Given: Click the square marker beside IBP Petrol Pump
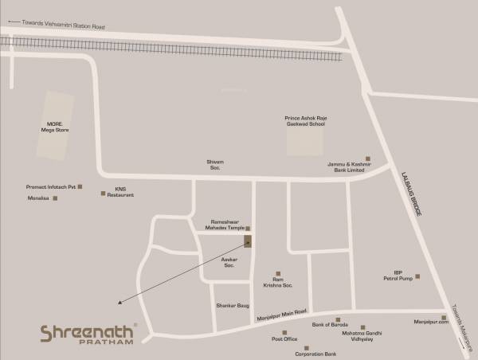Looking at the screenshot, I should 417,276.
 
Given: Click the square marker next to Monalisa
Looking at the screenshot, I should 55,198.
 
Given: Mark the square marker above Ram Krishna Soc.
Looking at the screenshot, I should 277,273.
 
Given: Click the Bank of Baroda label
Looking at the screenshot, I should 329,325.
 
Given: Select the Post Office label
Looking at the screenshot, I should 284,338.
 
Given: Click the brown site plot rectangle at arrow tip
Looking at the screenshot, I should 248,240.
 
